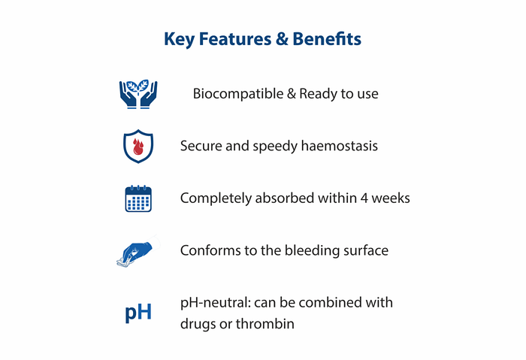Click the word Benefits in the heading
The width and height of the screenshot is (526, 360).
click(327, 39)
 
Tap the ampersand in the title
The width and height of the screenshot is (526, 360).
click(282, 39)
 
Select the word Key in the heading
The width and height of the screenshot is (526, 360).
click(179, 40)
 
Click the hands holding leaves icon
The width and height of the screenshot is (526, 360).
click(138, 94)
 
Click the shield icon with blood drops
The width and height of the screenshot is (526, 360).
click(138, 147)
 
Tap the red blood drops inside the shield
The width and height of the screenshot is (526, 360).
click(138, 147)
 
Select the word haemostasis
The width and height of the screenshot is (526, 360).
click(339, 146)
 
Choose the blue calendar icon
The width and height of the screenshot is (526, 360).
click(138, 198)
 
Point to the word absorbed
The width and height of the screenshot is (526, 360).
click(285, 198)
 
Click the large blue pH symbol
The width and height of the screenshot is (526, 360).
click(138, 313)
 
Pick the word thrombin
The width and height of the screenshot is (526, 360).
click(265, 324)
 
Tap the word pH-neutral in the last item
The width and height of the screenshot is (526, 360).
click(216, 303)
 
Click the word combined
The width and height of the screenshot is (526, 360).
click(330, 303)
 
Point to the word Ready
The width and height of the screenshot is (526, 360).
click(318, 94)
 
